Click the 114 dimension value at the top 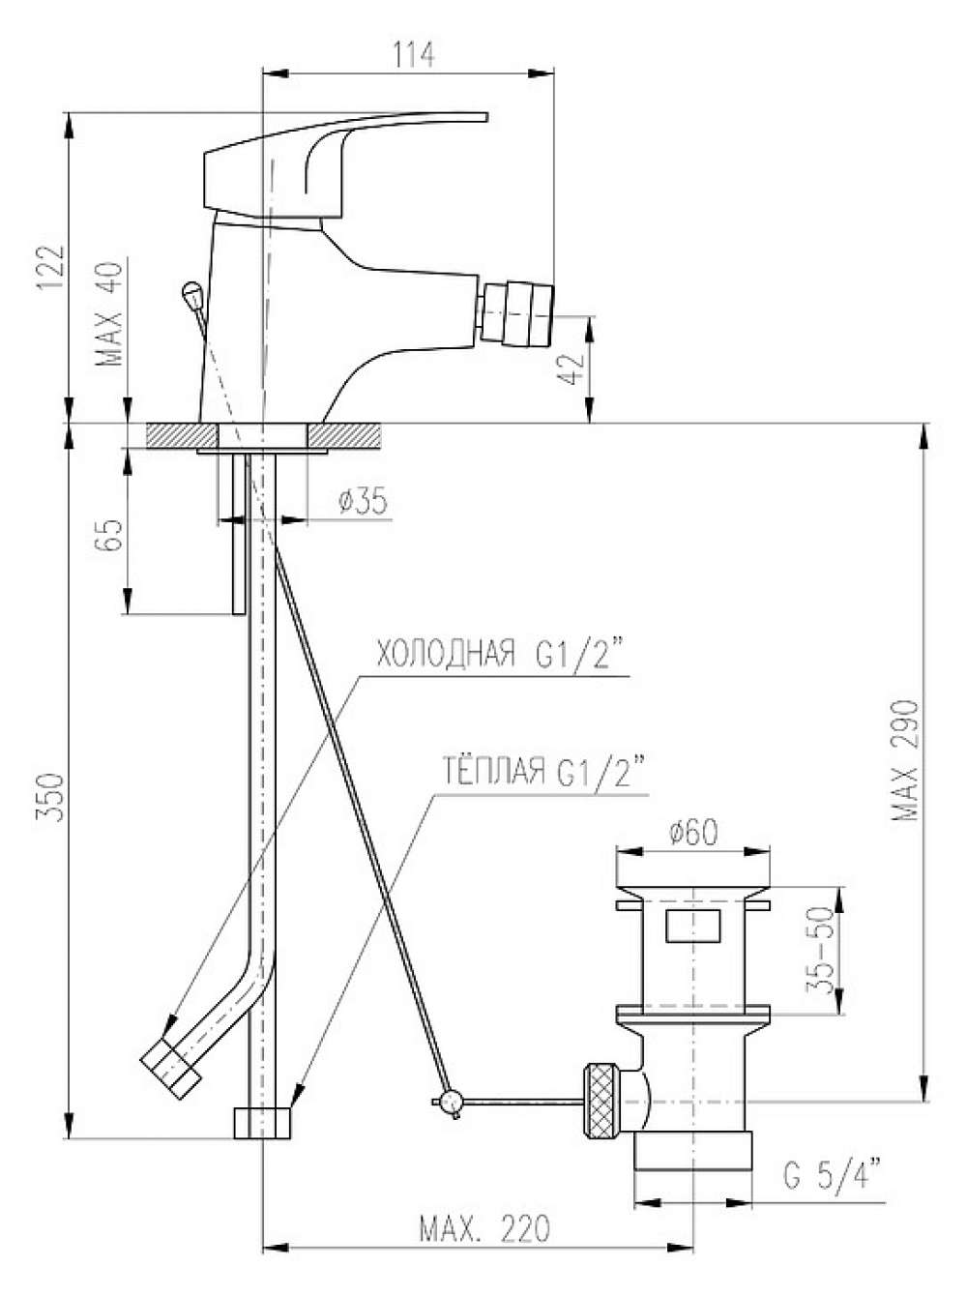pos(413,55)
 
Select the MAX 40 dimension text pos(109,313)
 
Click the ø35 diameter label pos(364,501)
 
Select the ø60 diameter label pos(693,833)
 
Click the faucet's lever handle pos(345,167)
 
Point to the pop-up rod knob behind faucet pos(191,292)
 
